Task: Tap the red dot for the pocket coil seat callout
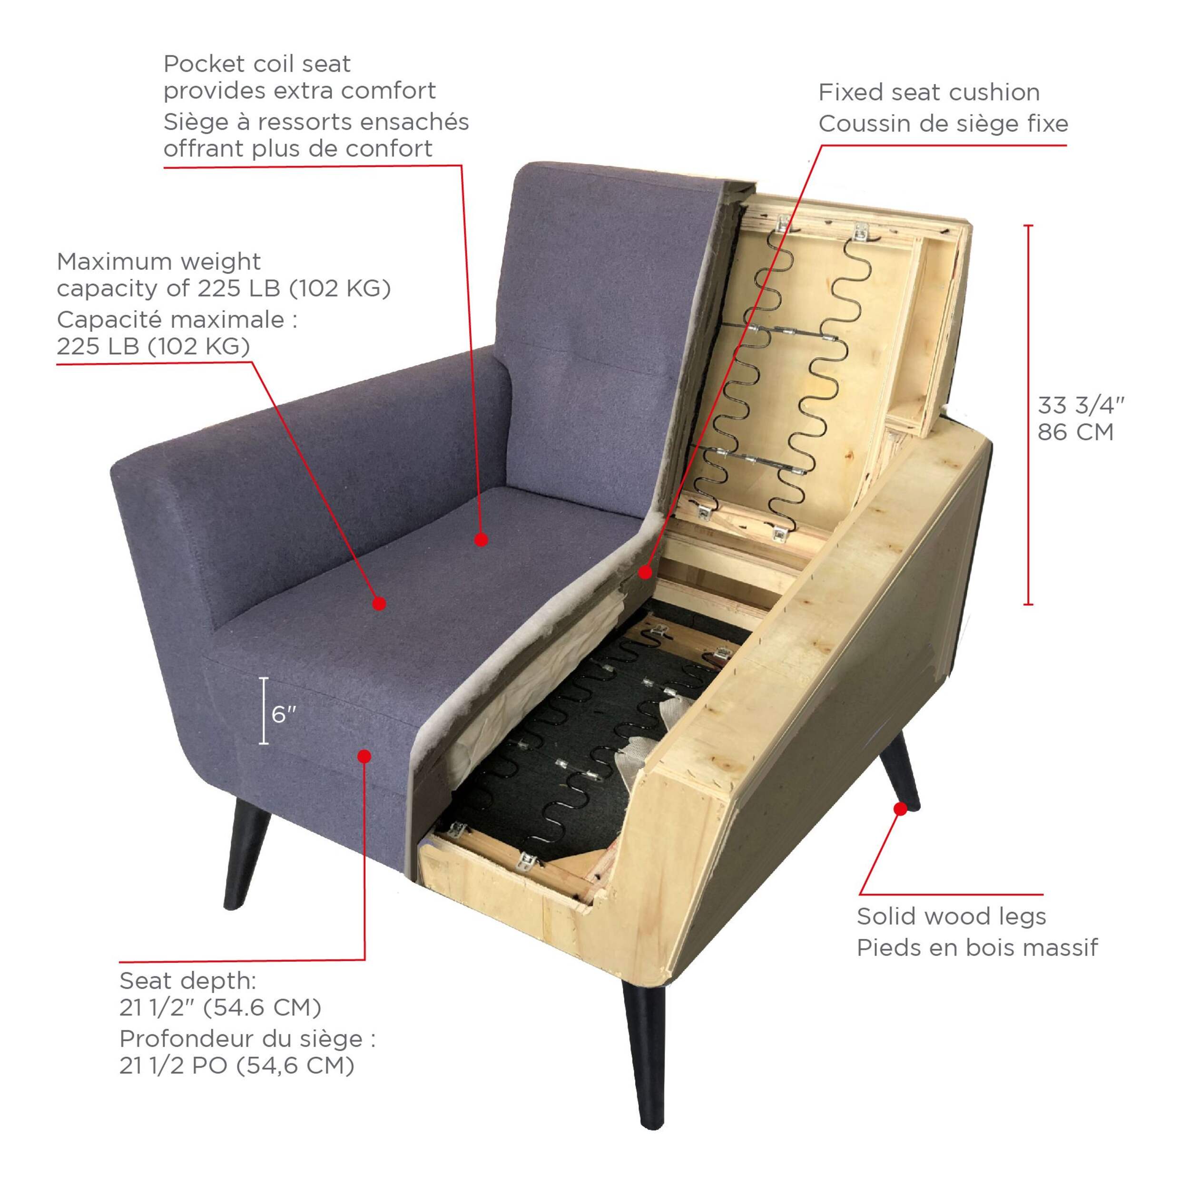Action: tap(482, 540)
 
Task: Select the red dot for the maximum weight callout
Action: tap(379, 603)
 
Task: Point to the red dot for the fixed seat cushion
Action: tap(644, 572)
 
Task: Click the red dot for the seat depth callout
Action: tap(364, 756)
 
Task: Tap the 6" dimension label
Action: tap(284, 714)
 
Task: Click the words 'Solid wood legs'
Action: tap(951, 934)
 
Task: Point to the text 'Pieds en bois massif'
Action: tap(977, 965)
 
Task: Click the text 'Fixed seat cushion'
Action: tap(929, 92)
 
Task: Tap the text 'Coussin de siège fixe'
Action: tap(943, 124)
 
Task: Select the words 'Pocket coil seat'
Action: tap(256, 63)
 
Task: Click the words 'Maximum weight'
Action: tap(159, 262)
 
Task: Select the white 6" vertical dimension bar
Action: tap(264, 711)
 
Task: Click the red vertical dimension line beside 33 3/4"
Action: tap(1028, 415)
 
